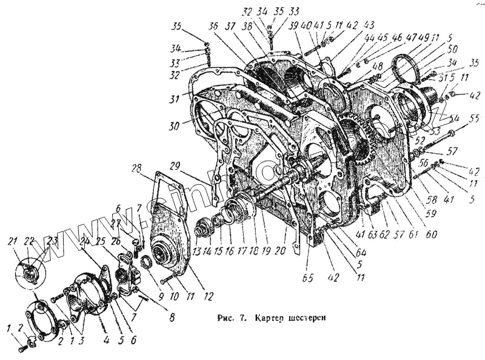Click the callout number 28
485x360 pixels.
click(136, 168)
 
